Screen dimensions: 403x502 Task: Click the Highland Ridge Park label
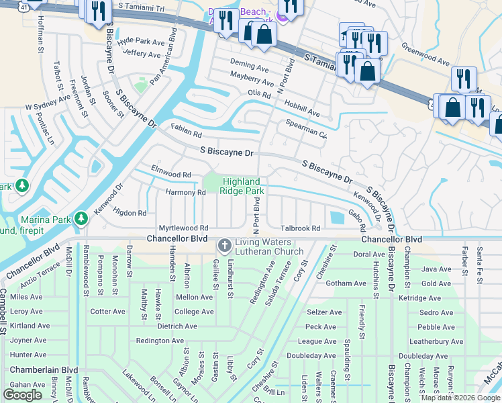(241, 186)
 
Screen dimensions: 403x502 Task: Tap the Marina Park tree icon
(81, 218)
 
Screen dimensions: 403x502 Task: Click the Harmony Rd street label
(185, 193)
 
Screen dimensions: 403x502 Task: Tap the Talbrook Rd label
(300, 228)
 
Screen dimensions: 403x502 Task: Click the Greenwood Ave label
(425, 54)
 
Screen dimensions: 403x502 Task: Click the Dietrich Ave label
(177, 326)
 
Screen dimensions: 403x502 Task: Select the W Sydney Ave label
(48, 103)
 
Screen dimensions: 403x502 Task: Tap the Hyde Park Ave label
(140, 42)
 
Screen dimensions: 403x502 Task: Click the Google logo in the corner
(23, 394)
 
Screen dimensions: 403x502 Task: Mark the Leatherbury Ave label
(440, 341)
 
